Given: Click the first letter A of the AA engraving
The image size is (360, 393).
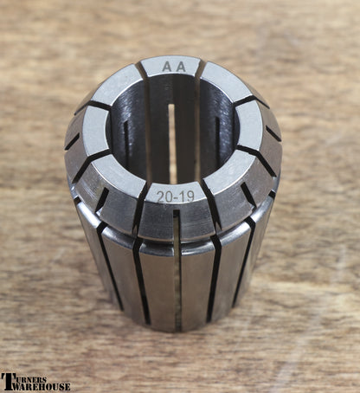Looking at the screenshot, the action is tap(167, 67).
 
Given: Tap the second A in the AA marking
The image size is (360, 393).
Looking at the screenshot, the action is tap(181, 67).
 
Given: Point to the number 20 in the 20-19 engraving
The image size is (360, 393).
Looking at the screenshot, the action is tap(164, 197).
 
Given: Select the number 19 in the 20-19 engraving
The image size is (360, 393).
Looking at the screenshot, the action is tap(188, 196).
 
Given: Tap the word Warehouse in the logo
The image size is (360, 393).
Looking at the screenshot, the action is tap(41, 387).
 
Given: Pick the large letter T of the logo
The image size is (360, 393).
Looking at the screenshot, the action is tap(7, 382).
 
